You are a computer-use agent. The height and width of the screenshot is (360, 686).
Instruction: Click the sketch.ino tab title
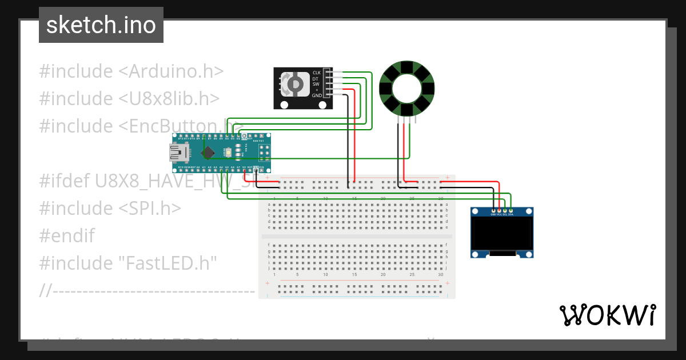coord(101,25)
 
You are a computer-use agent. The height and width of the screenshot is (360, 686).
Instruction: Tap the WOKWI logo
coord(607,315)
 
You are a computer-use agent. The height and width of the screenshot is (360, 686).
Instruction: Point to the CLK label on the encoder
coord(316,73)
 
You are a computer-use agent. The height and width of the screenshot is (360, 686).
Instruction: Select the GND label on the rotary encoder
coord(316,95)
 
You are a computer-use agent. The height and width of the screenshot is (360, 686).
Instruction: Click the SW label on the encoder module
coord(316,84)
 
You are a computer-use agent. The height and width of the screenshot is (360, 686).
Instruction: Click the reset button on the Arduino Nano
coord(229,153)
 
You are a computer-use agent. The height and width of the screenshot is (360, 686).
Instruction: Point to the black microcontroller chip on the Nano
coord(209,152)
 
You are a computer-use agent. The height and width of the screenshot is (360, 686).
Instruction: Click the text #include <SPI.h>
coord(110,208)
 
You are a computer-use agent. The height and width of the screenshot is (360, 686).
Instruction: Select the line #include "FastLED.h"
coord(128,263)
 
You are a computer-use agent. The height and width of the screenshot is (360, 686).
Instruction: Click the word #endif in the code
coord(67,235)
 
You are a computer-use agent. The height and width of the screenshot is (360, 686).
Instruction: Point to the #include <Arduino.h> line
coord(131,71)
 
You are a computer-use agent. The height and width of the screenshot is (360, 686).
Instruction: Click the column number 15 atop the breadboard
coord(354,198)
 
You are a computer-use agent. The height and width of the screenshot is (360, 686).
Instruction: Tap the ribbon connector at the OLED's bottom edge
coord(503,253)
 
